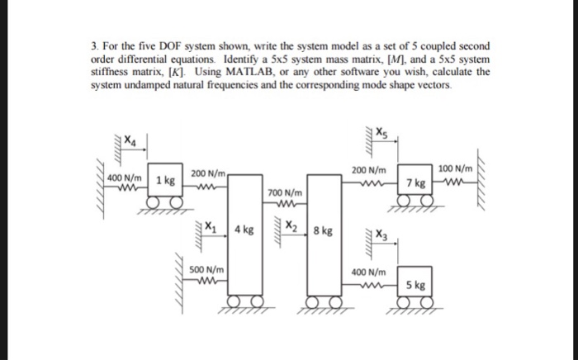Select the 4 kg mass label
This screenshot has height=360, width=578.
[x=244, y=230]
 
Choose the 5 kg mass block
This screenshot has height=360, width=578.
[x=417, y=286]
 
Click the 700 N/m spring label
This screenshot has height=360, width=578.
[x=283, y=192]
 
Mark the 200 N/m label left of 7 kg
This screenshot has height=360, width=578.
[x=368, y=169]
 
